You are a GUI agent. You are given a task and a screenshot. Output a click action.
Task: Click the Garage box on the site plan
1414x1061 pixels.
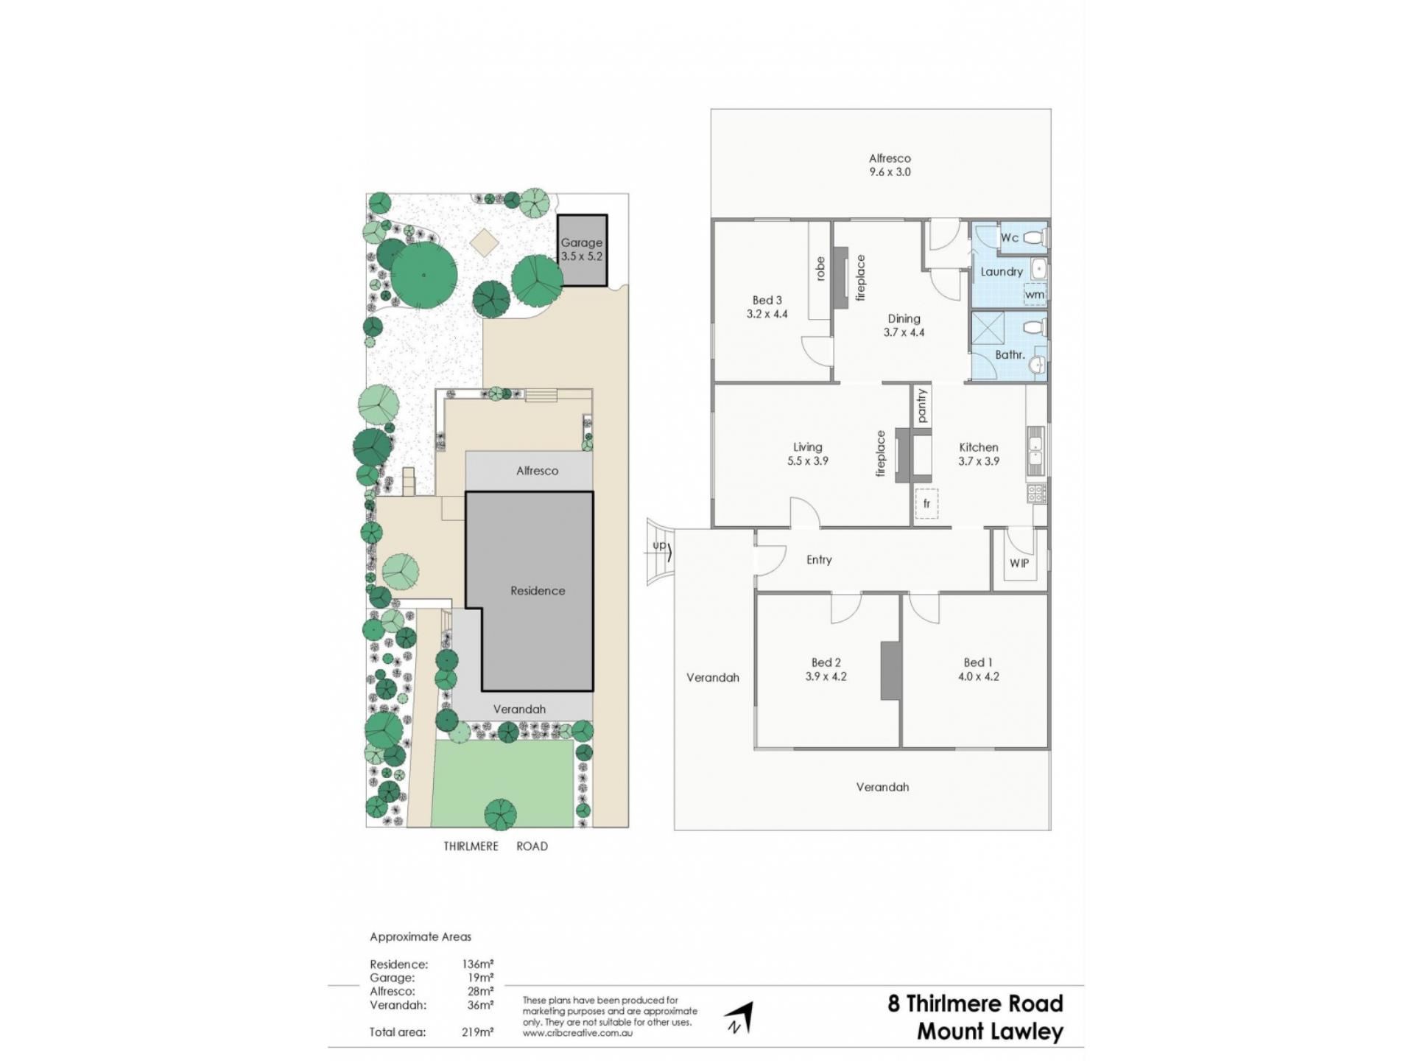(x=582, y=251)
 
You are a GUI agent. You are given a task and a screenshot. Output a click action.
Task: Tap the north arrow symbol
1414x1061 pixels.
(x=740, y=1018)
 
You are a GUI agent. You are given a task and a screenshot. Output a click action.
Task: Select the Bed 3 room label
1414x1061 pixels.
(x=767, y=300)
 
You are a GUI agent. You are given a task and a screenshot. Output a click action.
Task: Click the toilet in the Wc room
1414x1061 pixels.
(x=1034, y=238)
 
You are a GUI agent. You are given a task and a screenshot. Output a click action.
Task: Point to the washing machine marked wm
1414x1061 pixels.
(x=1034, y=293)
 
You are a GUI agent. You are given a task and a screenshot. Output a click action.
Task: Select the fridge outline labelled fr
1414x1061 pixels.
(x=926, y=503)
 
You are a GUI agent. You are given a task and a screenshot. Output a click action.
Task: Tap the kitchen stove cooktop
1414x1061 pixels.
(x=1036, y=493)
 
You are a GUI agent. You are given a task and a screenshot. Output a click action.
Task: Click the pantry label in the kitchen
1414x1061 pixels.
(x=922, y=406)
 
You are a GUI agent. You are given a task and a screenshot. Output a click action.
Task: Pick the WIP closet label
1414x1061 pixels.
(x=1019, y=563)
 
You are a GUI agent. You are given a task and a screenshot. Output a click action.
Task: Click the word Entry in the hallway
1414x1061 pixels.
(x=819, y=560)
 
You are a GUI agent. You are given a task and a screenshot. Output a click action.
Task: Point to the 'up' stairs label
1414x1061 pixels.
(x=659, y=545)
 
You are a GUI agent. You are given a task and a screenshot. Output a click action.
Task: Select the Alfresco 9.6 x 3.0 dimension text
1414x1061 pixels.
(x=890, y=172)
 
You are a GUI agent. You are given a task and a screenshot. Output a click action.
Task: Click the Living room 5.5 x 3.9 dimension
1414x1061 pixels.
(x=807, y=461)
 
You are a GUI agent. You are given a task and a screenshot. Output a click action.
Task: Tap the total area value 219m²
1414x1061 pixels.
(x=477, y=1032)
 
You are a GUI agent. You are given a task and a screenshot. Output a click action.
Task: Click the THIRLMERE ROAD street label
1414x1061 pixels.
(x=496, y=846)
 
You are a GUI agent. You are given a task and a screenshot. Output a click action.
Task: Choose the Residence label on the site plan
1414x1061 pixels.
(x=538, y=591)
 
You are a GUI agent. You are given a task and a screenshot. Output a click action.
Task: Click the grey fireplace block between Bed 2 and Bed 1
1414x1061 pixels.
(x=891, y=670)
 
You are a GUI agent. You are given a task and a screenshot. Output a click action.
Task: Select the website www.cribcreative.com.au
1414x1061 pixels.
(x=577, y=1033)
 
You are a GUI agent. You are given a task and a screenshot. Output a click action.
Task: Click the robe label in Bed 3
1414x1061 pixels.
(x=820, y=268)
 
